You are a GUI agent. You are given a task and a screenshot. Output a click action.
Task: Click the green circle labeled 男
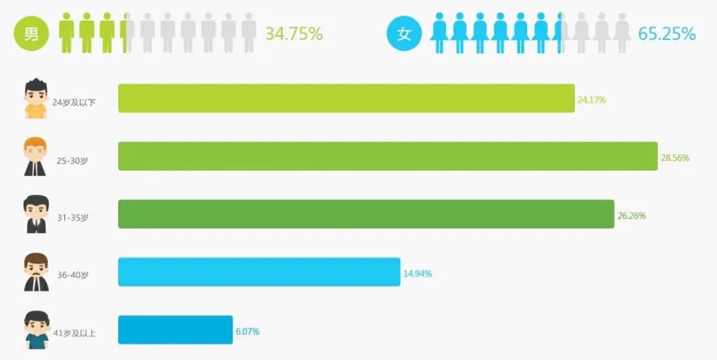[x=31, y=33]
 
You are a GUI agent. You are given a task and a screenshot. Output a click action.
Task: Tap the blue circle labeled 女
[x=404, y=33]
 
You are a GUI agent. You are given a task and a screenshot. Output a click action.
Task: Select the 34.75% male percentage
[x=294, y=33]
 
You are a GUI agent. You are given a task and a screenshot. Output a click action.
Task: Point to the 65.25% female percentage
[x=667, y=33]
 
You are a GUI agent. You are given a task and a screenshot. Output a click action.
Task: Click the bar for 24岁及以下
[x=346, y=98]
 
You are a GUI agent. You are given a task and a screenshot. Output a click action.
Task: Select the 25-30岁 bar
[x=388, y=156]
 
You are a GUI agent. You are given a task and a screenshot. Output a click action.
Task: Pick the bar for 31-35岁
[x=366, y=214]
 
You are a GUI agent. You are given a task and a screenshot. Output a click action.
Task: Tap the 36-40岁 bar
[x=259, y=272]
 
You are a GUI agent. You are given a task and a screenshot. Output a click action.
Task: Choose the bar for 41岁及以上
[x=175, y=329]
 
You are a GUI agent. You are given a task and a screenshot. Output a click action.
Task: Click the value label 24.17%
[x=592, y=100]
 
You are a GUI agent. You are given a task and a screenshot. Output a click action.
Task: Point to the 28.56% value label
[x=675, y=158]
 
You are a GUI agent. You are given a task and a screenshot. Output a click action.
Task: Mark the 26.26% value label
[x=631, y=216]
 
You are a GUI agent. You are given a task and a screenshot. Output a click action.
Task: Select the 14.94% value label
[x=418, y=274]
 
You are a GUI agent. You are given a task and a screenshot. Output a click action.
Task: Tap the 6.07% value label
[x=247, y=331]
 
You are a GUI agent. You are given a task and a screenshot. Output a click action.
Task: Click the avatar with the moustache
[x=36, y=272]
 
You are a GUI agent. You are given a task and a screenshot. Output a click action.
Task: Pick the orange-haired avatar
[x=35, y=157]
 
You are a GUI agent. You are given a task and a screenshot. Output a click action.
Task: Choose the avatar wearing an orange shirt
[x=35, y=99]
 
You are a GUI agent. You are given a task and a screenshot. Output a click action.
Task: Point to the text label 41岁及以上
[x=75, y=333]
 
